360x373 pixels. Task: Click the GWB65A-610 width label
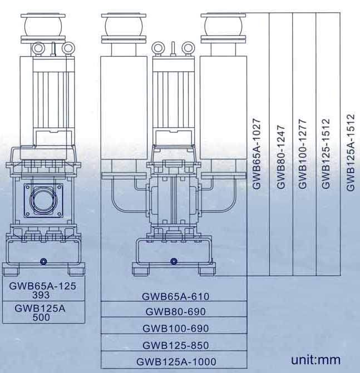click(176, 296)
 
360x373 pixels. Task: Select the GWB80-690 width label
click(176, 312)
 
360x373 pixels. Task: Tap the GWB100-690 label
click(176, 329)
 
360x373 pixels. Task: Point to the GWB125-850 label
click(176, 345)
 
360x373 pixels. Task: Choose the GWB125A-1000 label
click(176, 362)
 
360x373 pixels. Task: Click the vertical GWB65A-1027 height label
click(257, 154)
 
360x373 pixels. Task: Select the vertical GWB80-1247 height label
click(281, 157)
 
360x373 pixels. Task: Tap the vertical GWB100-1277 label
click(302, 154)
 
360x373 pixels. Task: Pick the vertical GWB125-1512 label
click(326, 153)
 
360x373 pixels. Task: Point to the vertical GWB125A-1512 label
click(351, 153)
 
